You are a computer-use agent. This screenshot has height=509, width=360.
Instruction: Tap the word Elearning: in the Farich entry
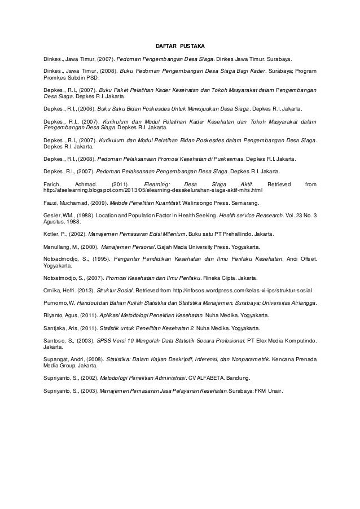(x=156, y=185)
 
